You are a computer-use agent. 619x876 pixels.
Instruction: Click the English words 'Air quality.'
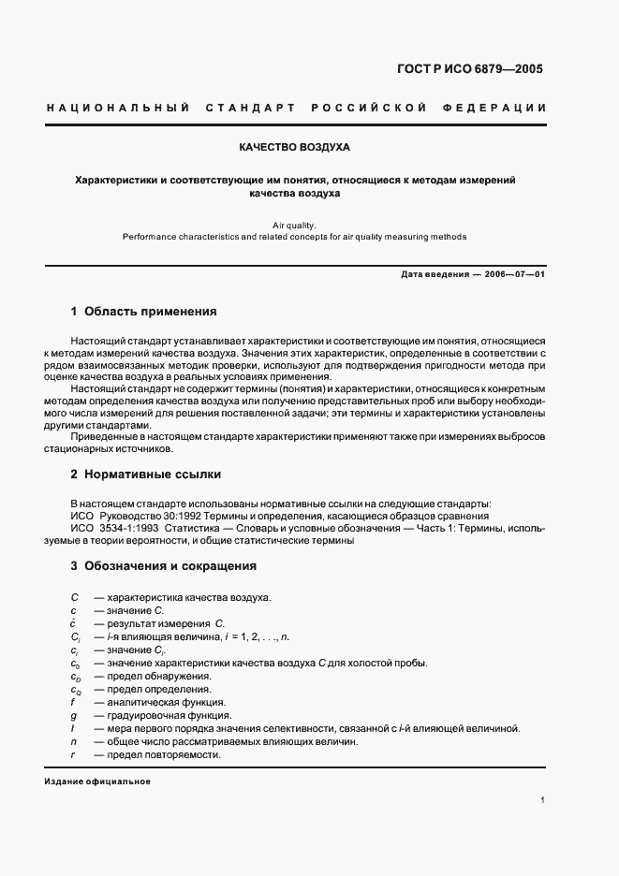pyautogui.click(x=294, y=225)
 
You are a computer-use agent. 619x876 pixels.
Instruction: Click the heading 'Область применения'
pyautogui.click(x=150, y=311)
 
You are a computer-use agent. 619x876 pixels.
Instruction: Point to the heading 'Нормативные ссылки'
pyautogui.click(x=152, y=474)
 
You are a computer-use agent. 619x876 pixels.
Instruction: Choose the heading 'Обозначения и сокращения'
pyautogui.click(x=169, y=566)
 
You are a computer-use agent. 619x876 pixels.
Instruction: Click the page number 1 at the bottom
pyautogui.click(x=542, y=800)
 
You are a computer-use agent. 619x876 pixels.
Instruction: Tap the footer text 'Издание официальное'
pyautogui.click(x=97, y=781)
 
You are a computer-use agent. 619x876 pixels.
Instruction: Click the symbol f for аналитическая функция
pyautogui.click(x=72, y=702)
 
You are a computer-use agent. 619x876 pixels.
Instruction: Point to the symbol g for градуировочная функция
pyautogui.click(x=72, y=715)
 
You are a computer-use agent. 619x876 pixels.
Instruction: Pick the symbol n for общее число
pyautogui.click(x=72, y=741)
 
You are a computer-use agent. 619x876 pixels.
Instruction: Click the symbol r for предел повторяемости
pyautogui.click(x=72, y=754)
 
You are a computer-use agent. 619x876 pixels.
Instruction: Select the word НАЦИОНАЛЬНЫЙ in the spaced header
pyautogui.click(x=118, y=108)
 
